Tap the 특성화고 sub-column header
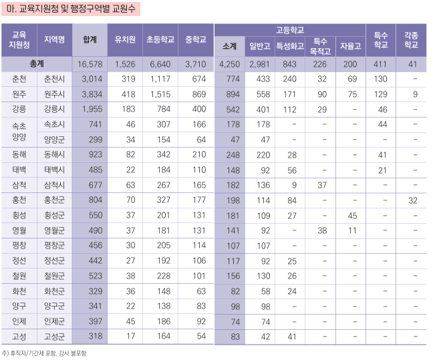(x=289, y=46)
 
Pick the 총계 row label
(x=37, y=64)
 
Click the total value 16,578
(x=90, y=64)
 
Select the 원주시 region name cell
(x=55, y=94)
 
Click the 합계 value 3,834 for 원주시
(x=90, y=94)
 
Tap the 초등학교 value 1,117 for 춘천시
(x=161, y=79)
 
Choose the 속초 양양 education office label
(x=19, y=132)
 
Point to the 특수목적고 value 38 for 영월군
(x=321, y=231)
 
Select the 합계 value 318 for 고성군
(x=91, y=337)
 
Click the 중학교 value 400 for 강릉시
(x=198, y=110)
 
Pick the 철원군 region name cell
(x=55, y=276)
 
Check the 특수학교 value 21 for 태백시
(x=382, y=170)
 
